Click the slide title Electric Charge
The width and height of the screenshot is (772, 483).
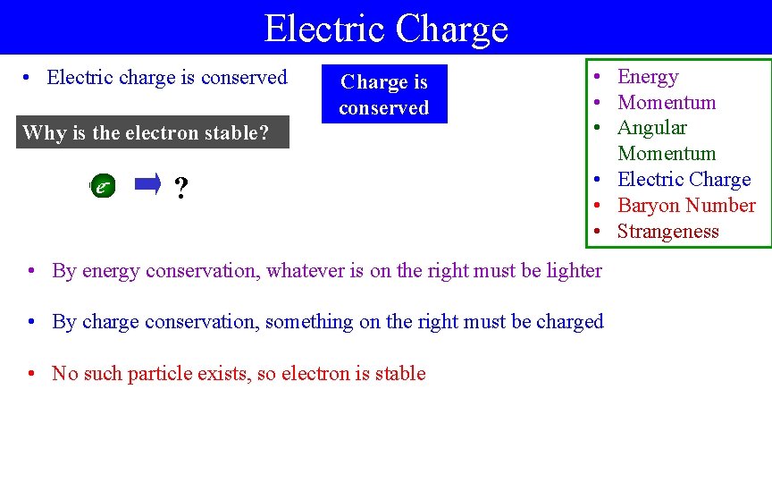(x=386, y=28)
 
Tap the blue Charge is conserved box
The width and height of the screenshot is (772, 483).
(x=384, y=95)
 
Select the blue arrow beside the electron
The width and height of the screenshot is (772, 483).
(x=147, y=185)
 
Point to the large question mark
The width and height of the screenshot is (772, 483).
(x=181, y=189)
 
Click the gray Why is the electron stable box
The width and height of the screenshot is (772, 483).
(x=153, y=133)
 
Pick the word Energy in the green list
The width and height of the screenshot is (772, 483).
(x=648, y=77)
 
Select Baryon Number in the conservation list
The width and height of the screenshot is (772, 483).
(x=686, y=206)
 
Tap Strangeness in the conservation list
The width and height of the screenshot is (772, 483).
(x=667, y=232)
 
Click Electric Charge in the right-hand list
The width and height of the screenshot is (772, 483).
(x=684, y=180)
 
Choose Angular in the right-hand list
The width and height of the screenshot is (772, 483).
(x=652, y=128)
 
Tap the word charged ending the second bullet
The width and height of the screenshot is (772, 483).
(x=570, y=322)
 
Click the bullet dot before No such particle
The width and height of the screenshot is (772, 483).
(x=31, y=374)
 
